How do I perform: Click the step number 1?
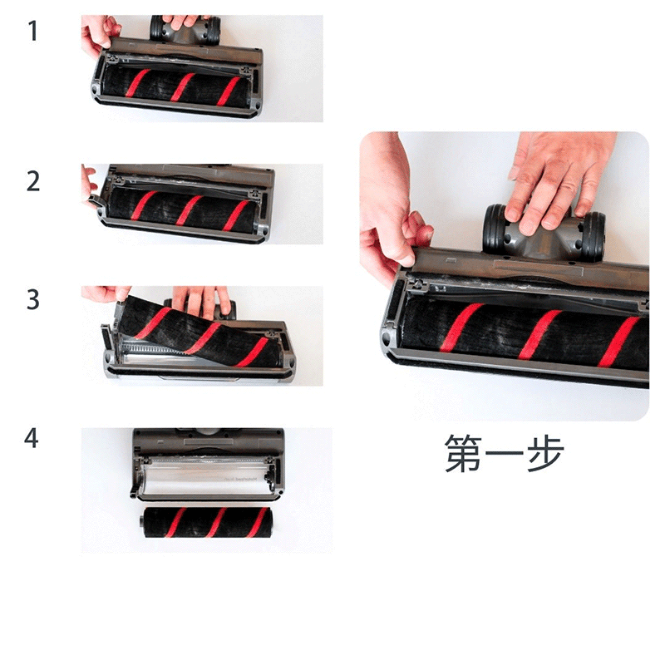[x=33, y=31]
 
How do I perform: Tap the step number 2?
[x=33, y=181]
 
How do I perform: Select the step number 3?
[x=33, y=299]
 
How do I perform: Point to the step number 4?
[x=32, y=438]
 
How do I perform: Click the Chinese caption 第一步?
[x=505, y=453]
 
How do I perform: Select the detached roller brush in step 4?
[x=205, y=522]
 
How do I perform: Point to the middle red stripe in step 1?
[x=182, y=87]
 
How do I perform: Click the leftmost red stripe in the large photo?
[x=461, y=327]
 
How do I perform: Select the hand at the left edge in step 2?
[x=89, y=185]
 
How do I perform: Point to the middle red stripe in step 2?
[x=190, y=210]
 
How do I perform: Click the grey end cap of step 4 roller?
[x=142, y=522]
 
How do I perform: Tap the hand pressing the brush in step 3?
[x=204, y=301]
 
